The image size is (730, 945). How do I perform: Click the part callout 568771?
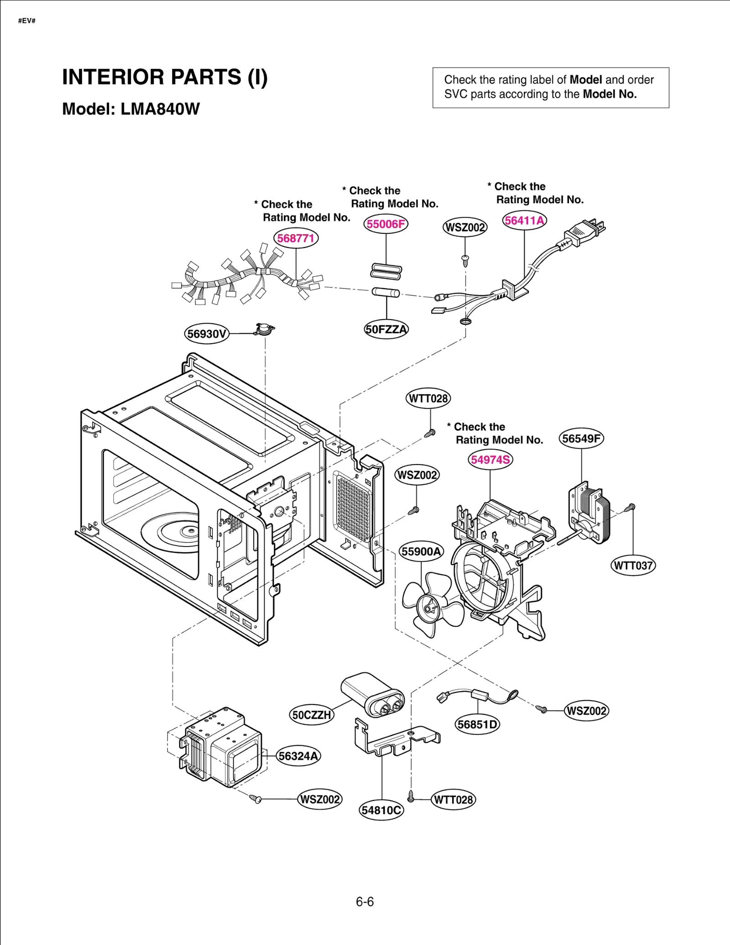pos(296,238)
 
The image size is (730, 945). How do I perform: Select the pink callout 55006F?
pos(386,224)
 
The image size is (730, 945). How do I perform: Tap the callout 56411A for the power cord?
pos(524,221)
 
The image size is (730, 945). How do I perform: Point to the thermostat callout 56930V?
pos(207,334)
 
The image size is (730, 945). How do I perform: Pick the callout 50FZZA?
pos(386,329)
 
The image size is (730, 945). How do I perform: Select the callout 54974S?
pos(490,460)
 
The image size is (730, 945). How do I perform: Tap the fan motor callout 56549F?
pos(581,439)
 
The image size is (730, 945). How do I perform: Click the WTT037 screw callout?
pos(633,566)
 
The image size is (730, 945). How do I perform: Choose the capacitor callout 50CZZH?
pos(312,715)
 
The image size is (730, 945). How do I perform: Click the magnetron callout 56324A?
pos(298,756)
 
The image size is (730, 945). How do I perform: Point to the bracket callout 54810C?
pos(381,810)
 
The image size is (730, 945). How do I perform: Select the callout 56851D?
pos(477,724)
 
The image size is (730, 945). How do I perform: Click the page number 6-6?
pos(365,902)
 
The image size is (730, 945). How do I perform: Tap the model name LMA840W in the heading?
pos(160,109)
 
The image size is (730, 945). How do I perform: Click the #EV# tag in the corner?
pos(27,21)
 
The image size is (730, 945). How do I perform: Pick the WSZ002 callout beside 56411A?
pos(465,227)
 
